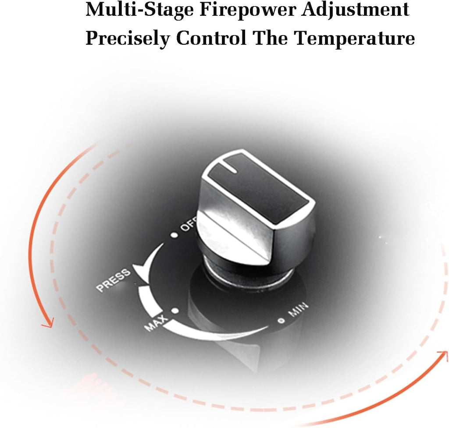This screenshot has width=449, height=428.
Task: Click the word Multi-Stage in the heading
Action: pyautogui.click(x=139, y=10)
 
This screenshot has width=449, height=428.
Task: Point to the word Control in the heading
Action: pyautogui.click(x=211, y=38)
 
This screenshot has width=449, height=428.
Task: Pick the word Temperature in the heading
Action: pyautogui.click(x=355, y=39)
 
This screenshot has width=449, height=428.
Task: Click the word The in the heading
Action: pyautogui.click(x=271, y=38)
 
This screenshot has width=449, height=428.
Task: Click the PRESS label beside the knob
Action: pyautogui.click(x=114, y=280)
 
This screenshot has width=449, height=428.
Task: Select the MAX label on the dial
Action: pyautogui.click(x=156, y=322)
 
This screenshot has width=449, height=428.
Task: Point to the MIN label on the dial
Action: pyautogui.click(x=299, y=309)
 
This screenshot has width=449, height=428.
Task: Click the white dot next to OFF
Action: pyautogui.click(x=174, y=235)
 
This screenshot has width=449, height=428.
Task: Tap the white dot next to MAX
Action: pyautogui.click(x=175, y=311)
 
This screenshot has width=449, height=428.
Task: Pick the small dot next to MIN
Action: pyautogui.click(x=282, y=321)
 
